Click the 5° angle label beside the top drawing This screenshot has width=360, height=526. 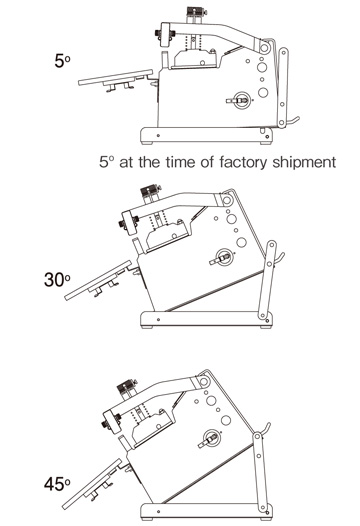click(x=62, y=61)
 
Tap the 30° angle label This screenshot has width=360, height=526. click(x=57, y=279)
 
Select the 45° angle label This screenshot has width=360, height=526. click(x=57, y=484)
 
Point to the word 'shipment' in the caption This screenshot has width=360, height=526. click(x=304, y=162)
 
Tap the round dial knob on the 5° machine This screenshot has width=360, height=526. click(x=242, y=100)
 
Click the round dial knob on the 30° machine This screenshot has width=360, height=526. click(x=224, y=257)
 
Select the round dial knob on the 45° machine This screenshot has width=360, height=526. click(x=212, y=437)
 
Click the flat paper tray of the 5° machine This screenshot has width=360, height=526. click(x=115, y=77)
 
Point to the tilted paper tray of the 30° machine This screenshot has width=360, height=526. click(x=98, y=280)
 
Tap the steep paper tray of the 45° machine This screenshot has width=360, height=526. click(x=91, y=484)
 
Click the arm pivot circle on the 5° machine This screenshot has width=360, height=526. click(x=264, y=48)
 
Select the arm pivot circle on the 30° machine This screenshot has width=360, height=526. click(x=226, y=201)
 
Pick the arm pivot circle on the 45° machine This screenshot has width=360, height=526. click(x=203, y=381)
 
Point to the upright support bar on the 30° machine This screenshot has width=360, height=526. click(x=267, y=280)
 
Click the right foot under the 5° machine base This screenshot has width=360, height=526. click(x=266, y=143)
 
